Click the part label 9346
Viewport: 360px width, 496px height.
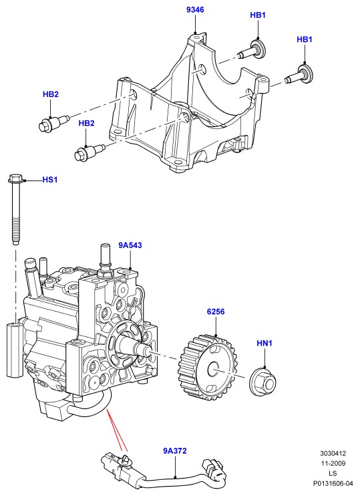pos(195,10)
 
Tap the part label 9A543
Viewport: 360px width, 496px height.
pos(130,245)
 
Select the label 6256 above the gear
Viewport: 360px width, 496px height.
pos(216,312)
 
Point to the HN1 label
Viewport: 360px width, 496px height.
pos(264,343)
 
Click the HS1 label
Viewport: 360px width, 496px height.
pos(50,180)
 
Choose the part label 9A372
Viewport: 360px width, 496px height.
pos(175,451)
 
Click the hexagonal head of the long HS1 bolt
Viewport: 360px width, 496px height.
pos(15,178)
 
